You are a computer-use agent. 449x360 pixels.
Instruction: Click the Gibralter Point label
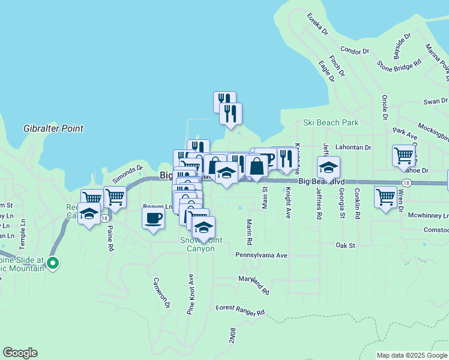tap(53, 128)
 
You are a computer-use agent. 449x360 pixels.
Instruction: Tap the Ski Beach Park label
tap(330, 122)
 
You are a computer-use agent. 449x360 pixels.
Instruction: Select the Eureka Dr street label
tap(318, 24)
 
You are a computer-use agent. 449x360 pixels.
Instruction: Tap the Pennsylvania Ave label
tap(261, 255)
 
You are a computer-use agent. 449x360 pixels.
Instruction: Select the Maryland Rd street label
tap(253, 284)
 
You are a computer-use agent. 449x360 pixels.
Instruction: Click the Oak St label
tap(346, 245)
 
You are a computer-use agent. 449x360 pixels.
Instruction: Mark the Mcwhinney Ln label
tap(428, 215)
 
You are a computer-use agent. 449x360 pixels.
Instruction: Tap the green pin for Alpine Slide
tap(53, 262)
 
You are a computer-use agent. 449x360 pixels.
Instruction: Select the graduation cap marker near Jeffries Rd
tap(328, 166)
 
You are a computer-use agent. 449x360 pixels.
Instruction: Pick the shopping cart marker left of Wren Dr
tap(385, 197)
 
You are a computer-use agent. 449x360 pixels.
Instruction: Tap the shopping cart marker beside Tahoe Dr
tap(404, 155)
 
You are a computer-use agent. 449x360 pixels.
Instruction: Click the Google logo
tap(20, 353)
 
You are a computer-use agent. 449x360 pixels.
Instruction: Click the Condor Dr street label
tap(353, 50)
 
